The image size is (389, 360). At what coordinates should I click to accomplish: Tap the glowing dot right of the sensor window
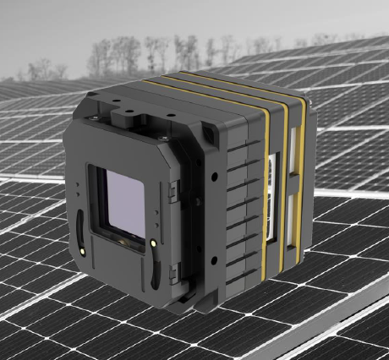coord(152,244)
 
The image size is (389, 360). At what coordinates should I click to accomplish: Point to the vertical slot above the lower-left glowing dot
coord(79,226)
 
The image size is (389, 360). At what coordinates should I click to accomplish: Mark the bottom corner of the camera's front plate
coord(168,318)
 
